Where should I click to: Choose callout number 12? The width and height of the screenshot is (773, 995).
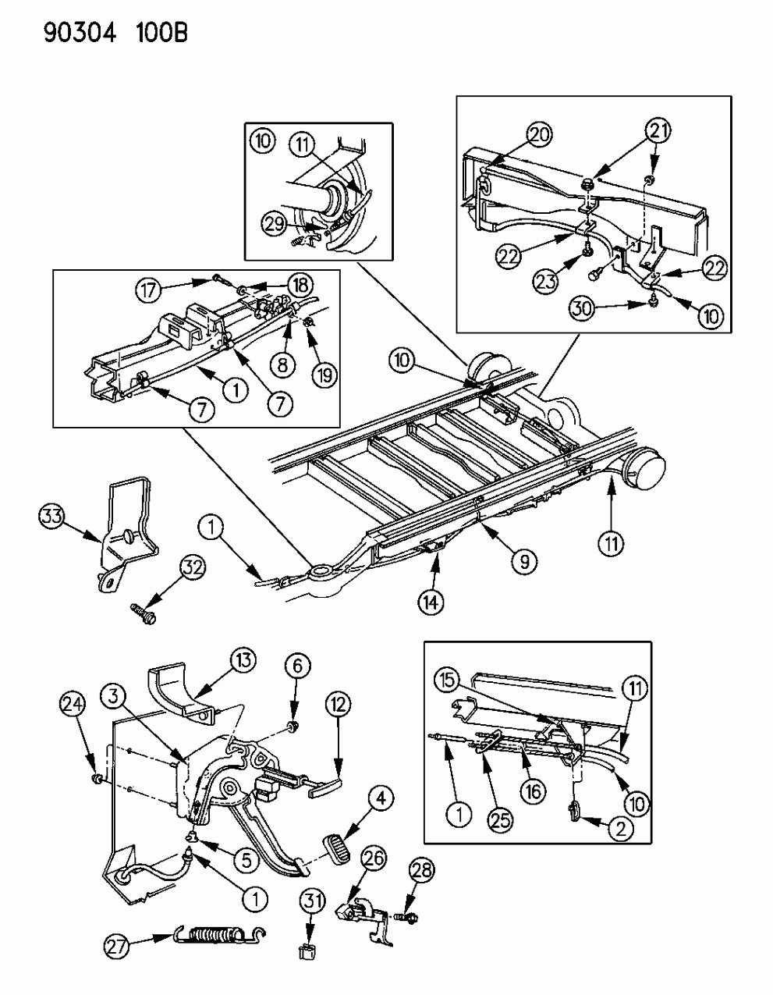(337, 706)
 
